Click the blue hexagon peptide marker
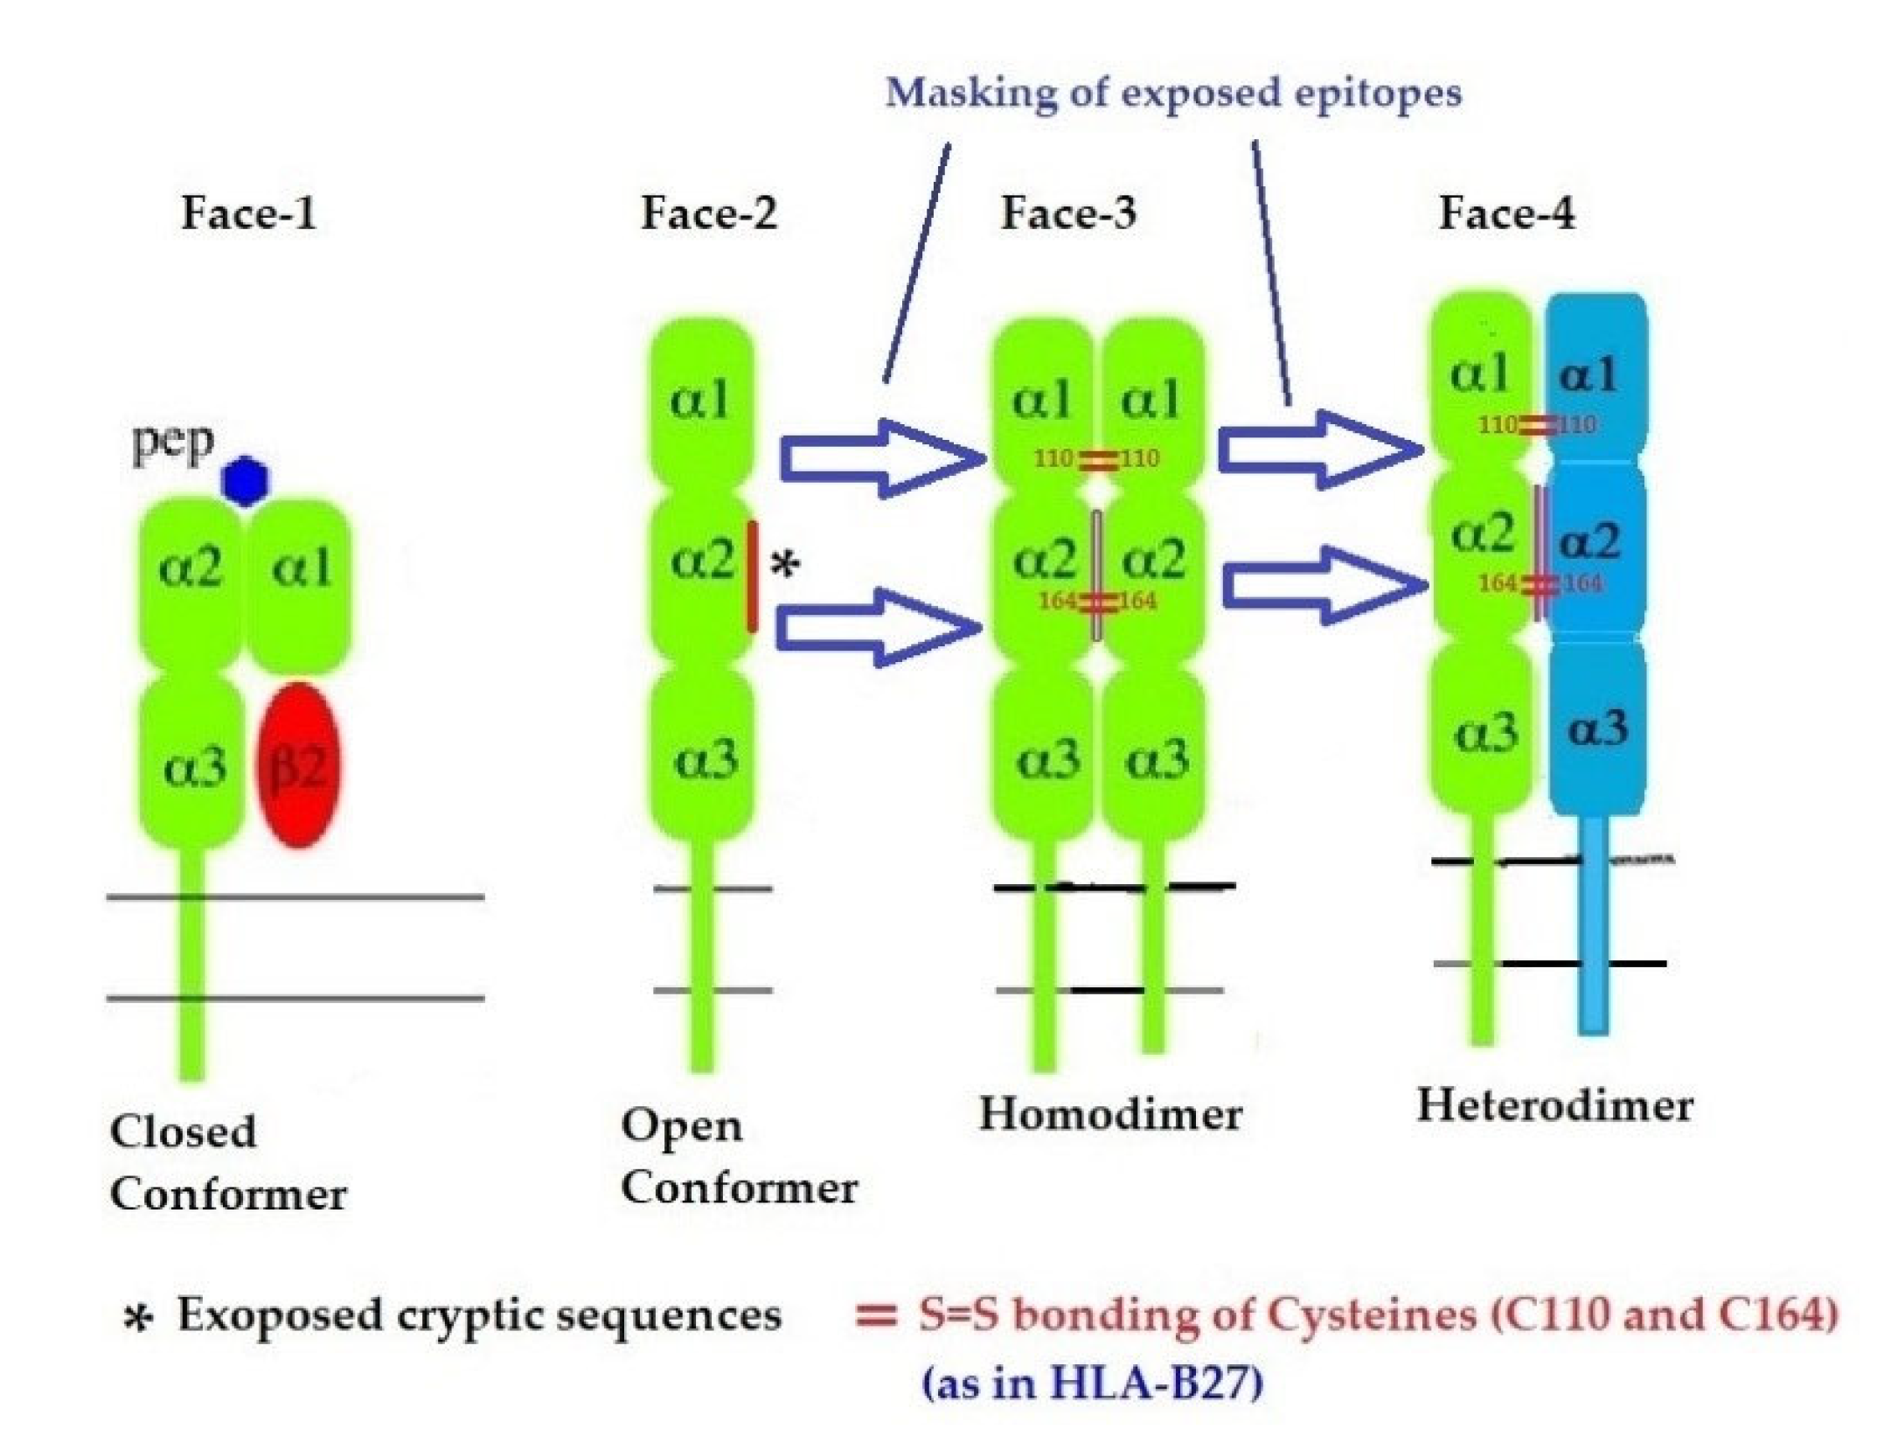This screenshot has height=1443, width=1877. [245, 480]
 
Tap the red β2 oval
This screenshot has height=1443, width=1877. [297, 765]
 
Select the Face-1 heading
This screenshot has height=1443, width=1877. [248, 213]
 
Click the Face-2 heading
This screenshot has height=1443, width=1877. [708, 213]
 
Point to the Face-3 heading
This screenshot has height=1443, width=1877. [1068, 213]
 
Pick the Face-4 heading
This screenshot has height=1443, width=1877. [1506, 213]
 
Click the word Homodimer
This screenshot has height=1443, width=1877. [1110, 1114]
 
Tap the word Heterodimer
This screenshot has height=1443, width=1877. [1554, 1105]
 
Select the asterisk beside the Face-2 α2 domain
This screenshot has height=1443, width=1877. [785, 565]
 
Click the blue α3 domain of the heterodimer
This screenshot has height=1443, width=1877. [1597, 728]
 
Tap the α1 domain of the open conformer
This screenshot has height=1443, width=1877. [700, 401]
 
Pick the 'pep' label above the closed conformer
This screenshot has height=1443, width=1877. [172, 443]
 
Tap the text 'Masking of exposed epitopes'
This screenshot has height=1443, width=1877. [1173, 94]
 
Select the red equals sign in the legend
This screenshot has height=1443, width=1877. [876, 1315]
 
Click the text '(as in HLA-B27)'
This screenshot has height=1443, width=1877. [1093, 1384]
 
